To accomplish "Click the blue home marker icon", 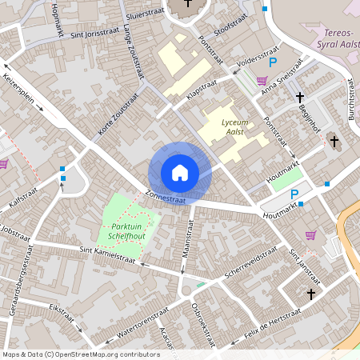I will tap(179, 172).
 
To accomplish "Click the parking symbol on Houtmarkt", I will tap(294, 194).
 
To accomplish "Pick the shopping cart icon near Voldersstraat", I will tap(262, 79).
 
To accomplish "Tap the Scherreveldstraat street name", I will tap(250, 262).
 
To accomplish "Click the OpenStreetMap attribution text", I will tap(81, 354).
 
